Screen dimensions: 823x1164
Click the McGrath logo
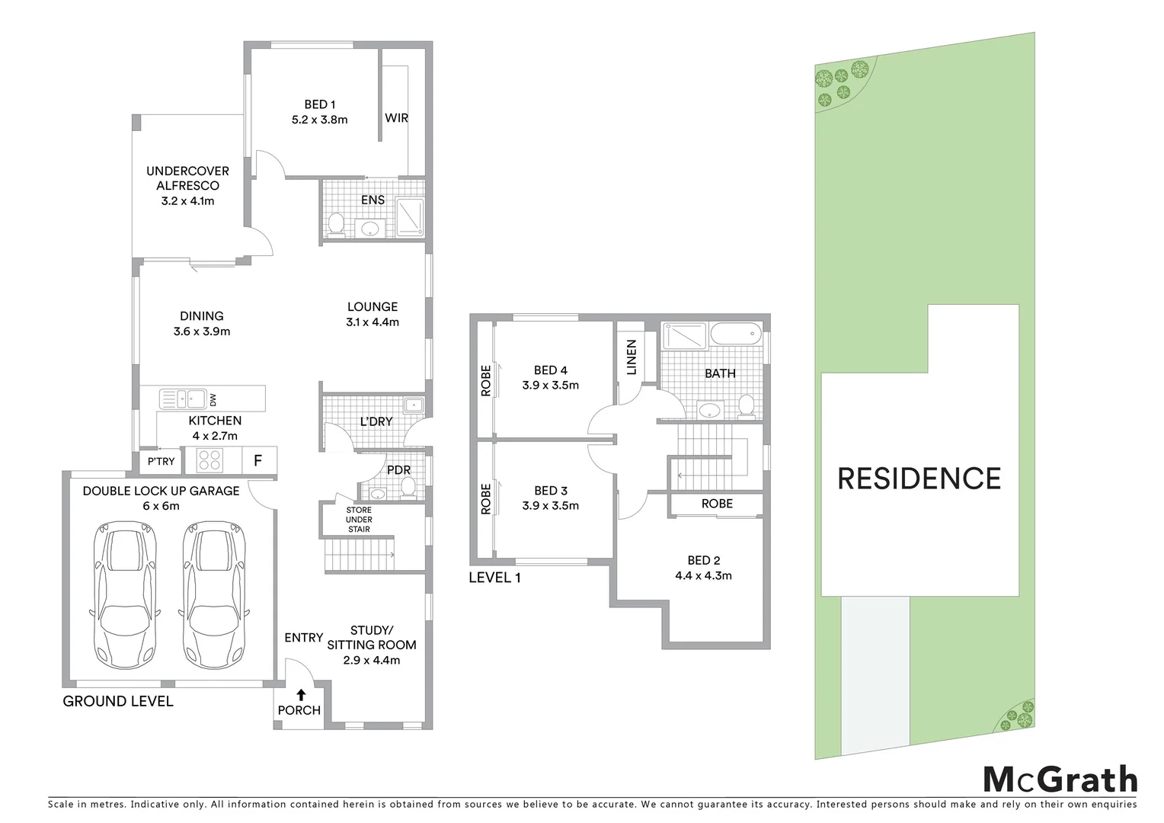(1060, 780)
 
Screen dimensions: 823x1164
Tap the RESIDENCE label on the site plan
(919, 479)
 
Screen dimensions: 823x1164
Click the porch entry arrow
(301, 694)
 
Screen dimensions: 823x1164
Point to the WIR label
(396, 118)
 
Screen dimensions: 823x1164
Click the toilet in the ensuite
(336, 223)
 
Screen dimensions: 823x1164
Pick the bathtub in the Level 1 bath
(735, 334)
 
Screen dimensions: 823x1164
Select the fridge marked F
(258, 460)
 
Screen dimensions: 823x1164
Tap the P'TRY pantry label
(161, 461)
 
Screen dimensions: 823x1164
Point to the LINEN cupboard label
(632, 358)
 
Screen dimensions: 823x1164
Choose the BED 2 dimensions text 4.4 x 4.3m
(703, 575)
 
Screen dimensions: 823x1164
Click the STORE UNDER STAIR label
(359, 519)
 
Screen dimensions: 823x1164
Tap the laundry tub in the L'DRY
(414, 405)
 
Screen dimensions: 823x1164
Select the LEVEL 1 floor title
(494, 578)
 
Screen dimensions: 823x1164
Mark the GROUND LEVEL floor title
(118, 701)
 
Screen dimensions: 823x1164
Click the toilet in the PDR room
(408, 486)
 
